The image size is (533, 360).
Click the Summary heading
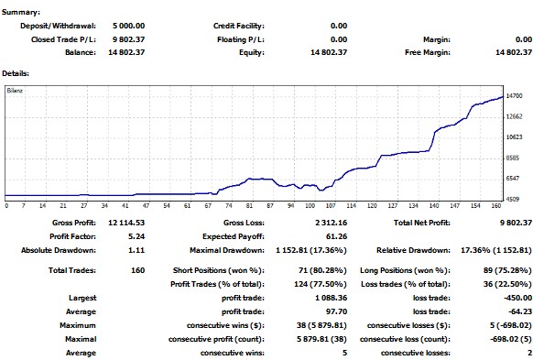[21, 12]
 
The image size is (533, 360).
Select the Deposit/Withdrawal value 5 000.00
[128, 26]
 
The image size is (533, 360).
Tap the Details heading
[16, 73]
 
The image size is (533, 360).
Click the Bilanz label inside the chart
[15, 91]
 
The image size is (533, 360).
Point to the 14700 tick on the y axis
[514, 96]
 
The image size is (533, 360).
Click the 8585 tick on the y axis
[513, 158]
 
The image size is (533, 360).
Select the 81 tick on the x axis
[249, 206]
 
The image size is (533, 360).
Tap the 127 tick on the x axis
[393, 206]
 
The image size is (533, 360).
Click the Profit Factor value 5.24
[136, 236]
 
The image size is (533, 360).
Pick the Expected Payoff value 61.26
[336, 236]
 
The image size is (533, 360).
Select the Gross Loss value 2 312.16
[332, 223]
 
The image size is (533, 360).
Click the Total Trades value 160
[137, 270]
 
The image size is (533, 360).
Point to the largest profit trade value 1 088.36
[332, 298]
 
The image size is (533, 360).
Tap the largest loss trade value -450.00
[517, 298]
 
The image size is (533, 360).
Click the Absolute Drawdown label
[59, 251]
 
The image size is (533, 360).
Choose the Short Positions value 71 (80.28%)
[322, 270]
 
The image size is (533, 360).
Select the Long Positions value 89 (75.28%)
[506, 270]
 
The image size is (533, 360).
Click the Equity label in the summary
[252, 53]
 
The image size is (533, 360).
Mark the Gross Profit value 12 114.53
[126, 223]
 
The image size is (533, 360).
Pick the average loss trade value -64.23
[520, 311]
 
